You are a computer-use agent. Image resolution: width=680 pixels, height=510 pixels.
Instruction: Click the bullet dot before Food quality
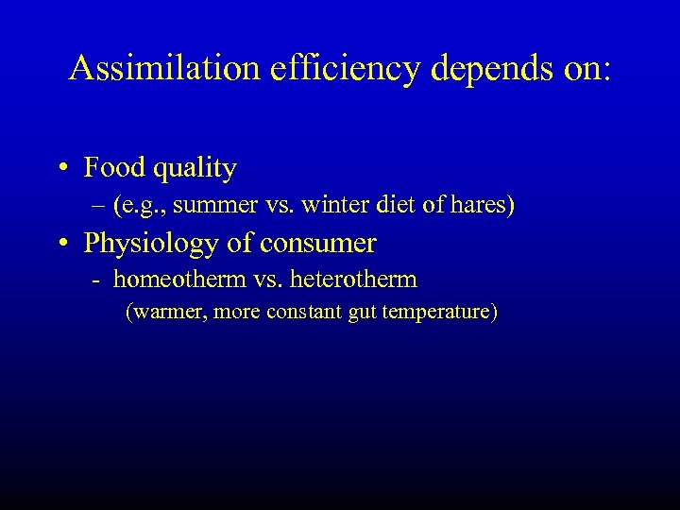61,169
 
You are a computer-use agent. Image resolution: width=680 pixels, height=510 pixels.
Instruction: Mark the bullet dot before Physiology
61,245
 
